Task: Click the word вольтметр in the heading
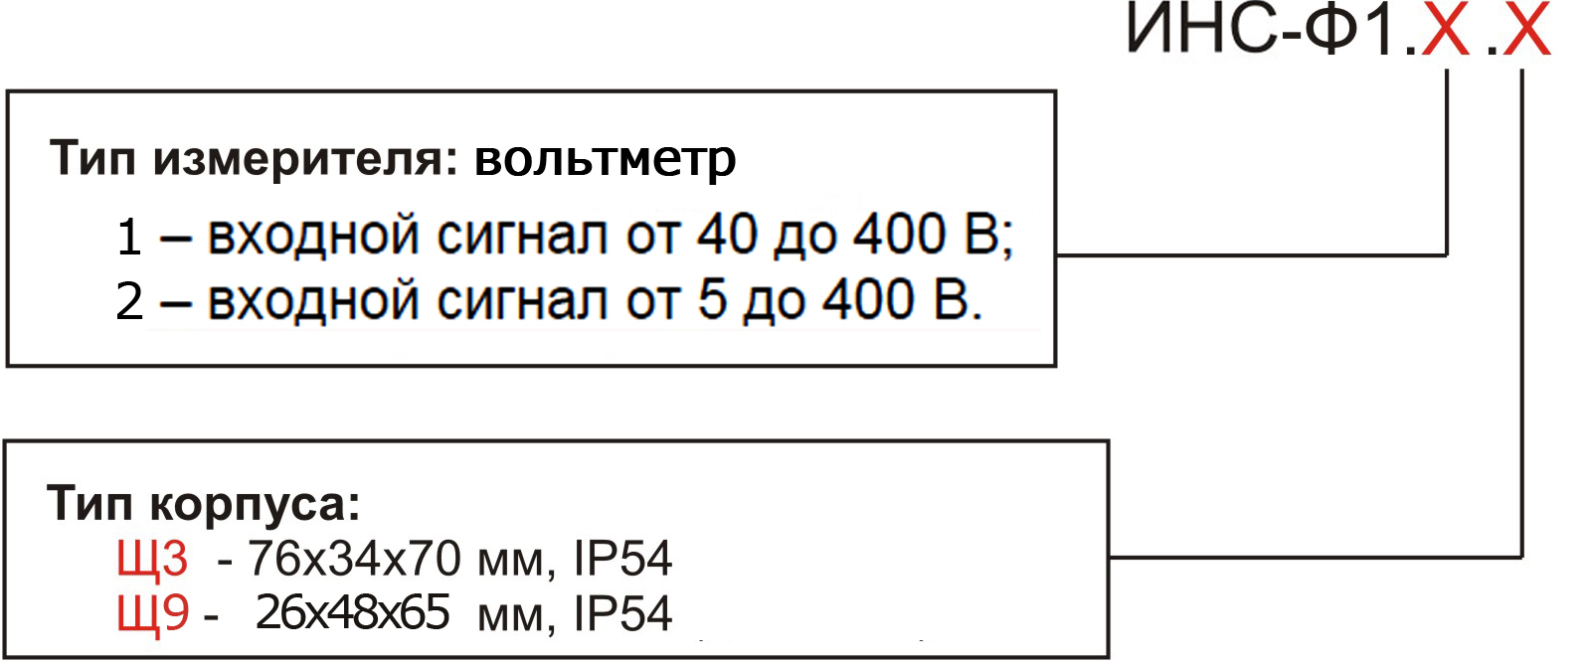click(605, 160)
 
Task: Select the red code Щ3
click(152, 560)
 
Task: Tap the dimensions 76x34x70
click(354, 559)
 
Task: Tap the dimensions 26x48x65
click(352, 612)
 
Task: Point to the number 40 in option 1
click(727, 235)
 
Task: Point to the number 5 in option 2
click(712, 299)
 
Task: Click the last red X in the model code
click(1526, 29)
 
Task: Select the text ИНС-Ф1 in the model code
click(1262, 29)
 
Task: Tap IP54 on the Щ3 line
click(622, 559)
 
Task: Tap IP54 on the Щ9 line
click(622, 612)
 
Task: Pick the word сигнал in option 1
click(522, 236)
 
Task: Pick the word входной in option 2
click(313, 300)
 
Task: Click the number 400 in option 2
click(867, 299)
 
